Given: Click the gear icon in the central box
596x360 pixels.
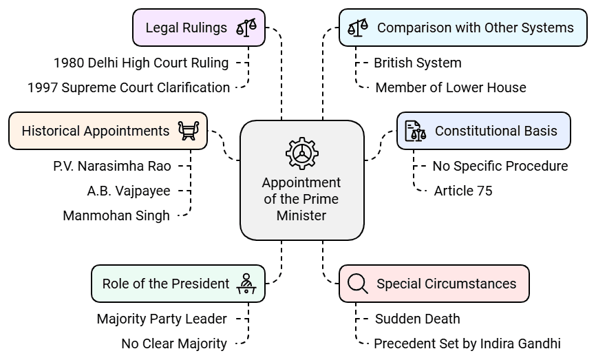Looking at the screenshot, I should click(301, 153).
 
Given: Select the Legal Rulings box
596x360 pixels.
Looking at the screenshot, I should click(198, 28).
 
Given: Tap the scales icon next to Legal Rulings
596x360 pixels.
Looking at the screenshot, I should click(246, 28).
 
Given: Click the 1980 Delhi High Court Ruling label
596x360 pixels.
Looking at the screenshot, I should click(141, 63).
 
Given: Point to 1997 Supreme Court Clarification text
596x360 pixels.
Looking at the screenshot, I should click(129, 87).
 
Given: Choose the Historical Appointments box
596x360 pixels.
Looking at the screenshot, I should click(107, 131).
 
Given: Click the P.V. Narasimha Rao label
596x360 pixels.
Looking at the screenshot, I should click(112, 166).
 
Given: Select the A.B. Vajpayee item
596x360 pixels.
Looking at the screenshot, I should click(129, 191).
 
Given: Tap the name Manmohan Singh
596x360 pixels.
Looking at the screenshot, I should click(116, 215).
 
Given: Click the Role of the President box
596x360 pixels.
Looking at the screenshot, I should click(178, 284).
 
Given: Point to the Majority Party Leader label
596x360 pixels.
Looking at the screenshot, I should click(162, 319).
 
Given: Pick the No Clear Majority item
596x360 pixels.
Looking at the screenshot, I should click(174, 343).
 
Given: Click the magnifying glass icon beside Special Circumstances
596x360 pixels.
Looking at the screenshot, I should click(358, 284).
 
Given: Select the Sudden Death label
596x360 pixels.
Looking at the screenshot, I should click(418, 319).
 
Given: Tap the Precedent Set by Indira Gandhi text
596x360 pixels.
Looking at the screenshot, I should click(467, 343).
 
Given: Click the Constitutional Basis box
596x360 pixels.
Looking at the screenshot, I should click(483, 131).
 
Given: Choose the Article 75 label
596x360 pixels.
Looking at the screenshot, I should click(463, 191).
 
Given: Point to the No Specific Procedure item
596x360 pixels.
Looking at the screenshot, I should click(500, 166).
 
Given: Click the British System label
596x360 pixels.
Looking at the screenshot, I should click(418, 63).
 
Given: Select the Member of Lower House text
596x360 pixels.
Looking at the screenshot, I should click(451, 87).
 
